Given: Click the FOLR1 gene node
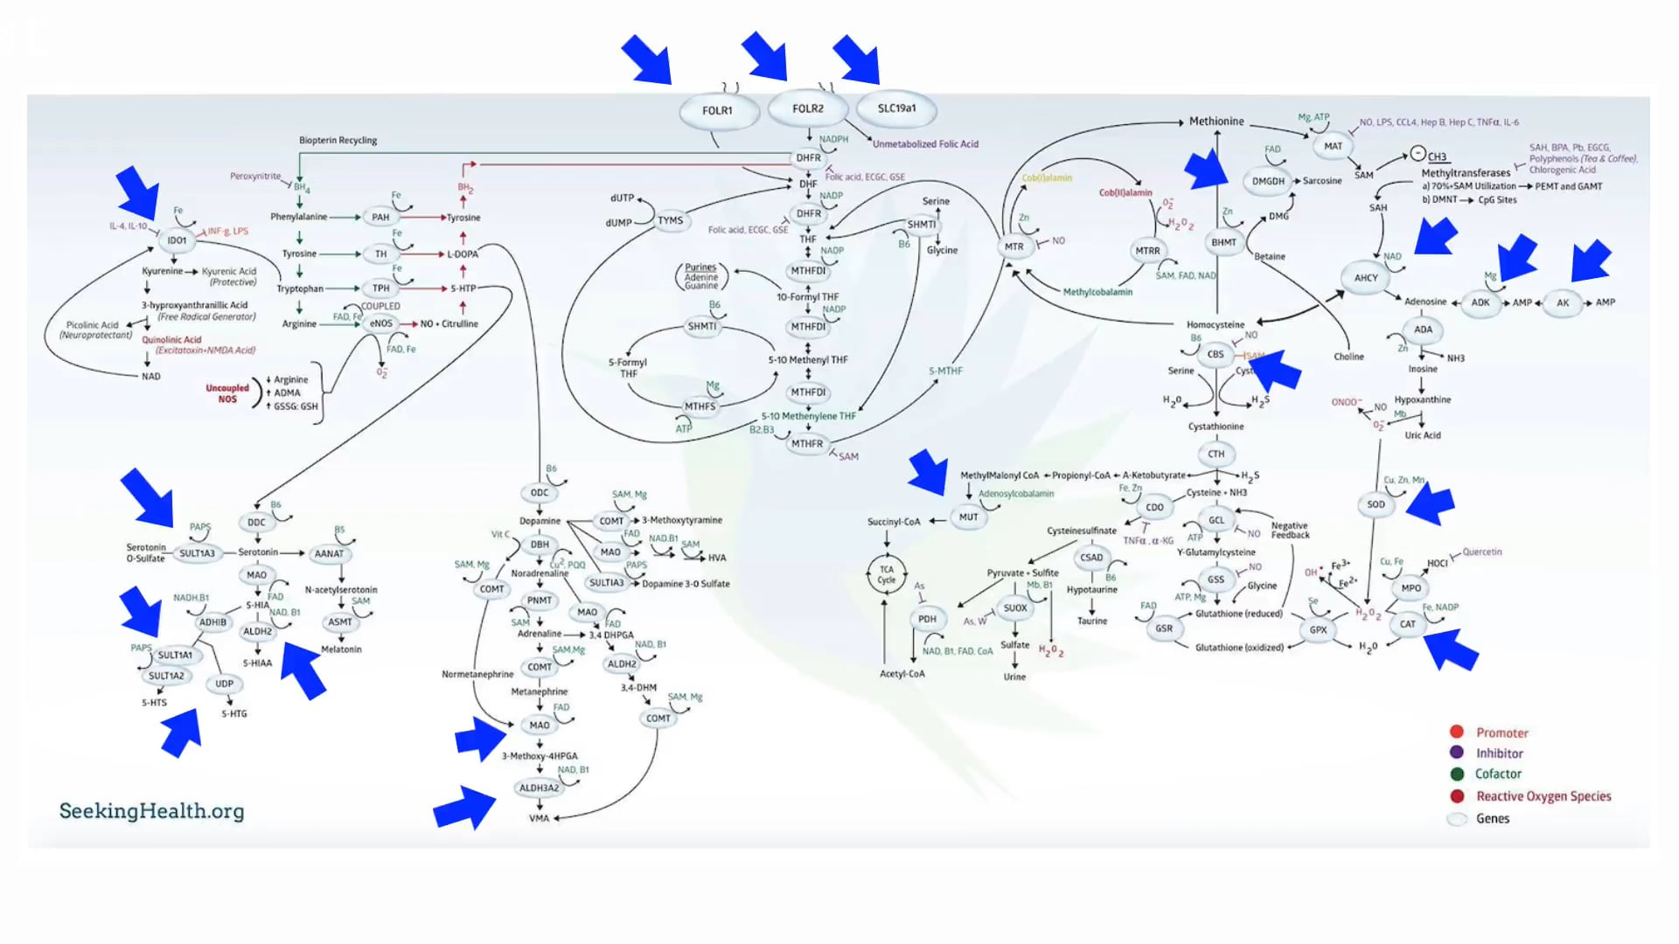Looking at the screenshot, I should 717,111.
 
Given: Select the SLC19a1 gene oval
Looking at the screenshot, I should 896,108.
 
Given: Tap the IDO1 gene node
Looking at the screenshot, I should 177,240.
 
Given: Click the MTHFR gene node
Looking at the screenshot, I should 806,444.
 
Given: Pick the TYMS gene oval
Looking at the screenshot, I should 670,220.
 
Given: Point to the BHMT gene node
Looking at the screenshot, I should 1223,243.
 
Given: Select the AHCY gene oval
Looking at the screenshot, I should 1366,278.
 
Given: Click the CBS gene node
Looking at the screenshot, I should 1216,354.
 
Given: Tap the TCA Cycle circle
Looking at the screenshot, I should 887,574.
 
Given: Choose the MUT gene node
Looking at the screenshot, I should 968,517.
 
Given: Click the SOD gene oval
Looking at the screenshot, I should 1376,504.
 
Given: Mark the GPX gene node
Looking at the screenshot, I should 1318,629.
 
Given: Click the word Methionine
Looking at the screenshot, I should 1216,121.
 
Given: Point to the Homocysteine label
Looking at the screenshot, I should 1215,325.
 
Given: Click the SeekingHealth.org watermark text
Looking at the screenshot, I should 151,811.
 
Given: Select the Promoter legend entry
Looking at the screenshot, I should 1501,732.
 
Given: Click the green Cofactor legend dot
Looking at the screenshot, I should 1457,774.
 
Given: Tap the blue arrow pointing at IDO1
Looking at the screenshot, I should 138,192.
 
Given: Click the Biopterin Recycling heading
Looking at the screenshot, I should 338,140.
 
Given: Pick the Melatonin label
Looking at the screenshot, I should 341,649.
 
